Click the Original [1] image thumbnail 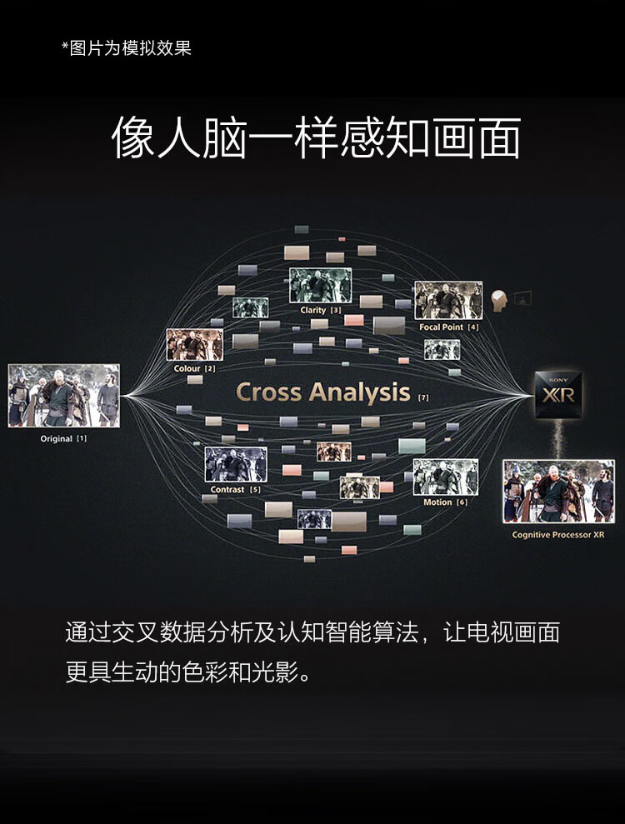coord(64,396)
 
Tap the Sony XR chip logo coord(558,393)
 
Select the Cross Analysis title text coord(323,392)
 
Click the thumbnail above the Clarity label coord(320,286)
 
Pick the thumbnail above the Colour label coord(195,344)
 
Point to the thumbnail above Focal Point coord(448,301)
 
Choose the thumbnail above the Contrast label coord(236,465)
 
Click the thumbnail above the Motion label coord(446,477)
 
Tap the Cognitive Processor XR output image coord(558,492)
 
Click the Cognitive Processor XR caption coord(558,535)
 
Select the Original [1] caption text coord(63,438)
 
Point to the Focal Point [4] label coord(449,327)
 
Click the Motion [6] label coord(446,502)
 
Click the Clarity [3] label coord(320,311)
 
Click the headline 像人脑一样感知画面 coord(317,138)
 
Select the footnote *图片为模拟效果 coord(127,48)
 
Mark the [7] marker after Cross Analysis coord(423,398)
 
